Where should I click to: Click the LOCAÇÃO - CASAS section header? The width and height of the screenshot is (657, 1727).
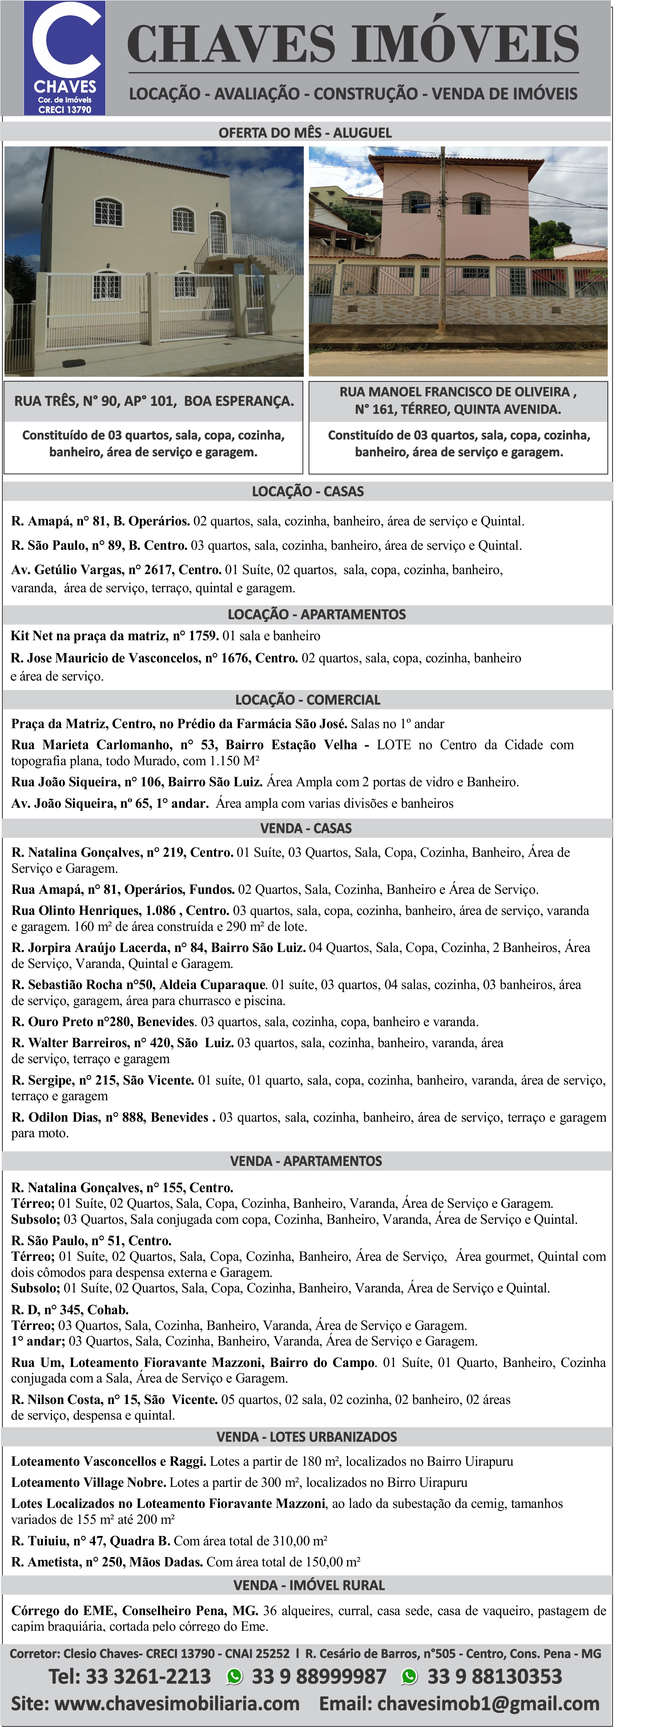[x=308, y=491]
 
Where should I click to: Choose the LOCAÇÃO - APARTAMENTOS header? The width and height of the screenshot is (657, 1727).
[x=317, y=614]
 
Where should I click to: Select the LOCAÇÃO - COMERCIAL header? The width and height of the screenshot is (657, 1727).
[x=308, y=700]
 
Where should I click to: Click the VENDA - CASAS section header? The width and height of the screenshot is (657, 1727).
[x=306, y=828]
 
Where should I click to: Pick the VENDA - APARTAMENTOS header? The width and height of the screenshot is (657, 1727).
[x=306, y=1161]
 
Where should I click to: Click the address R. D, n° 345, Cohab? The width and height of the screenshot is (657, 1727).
[x=70, y=1309]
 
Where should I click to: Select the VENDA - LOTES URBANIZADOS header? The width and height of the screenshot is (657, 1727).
[x=306, y=1437]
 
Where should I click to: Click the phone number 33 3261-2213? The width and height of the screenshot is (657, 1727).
[x=130, y=1676]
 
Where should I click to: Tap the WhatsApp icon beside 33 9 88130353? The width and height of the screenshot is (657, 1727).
[x=409, y=1677]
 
